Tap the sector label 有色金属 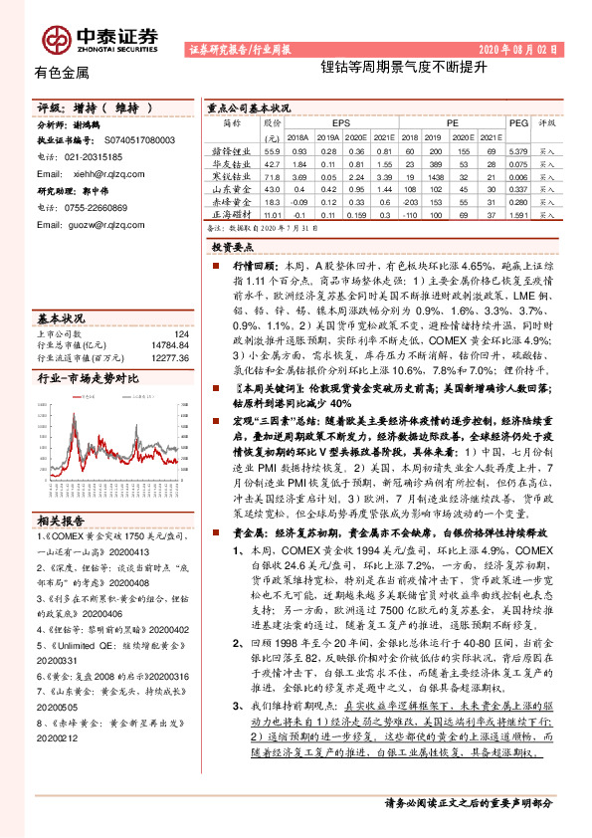pos(62,73)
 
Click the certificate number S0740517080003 pos(134,142)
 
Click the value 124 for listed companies pos(180,333)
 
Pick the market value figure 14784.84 pos(169,344)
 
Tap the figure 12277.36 pos(169,356)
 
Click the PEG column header pos(517,124)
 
